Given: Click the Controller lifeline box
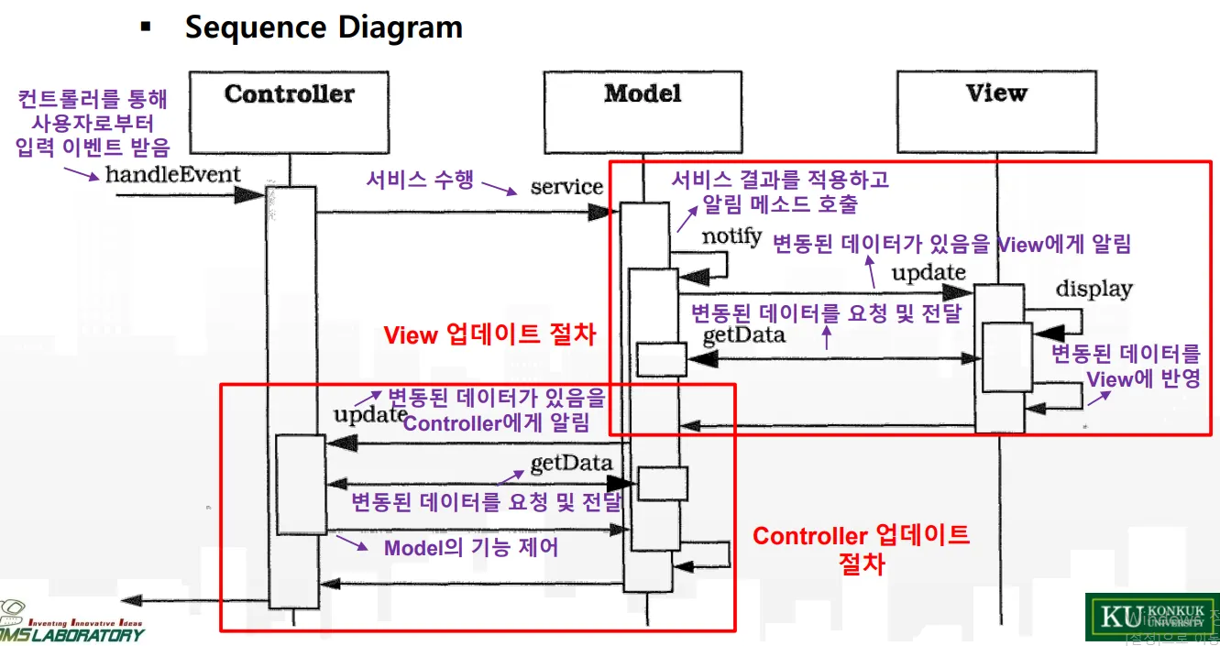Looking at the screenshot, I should pos(289,110).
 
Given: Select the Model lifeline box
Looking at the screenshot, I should pos(642,110).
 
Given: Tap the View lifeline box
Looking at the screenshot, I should pos(995,110).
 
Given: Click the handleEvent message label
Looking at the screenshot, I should pos(172,174).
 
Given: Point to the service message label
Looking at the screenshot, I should pos(566,187).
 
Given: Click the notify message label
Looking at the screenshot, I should pos(731,236).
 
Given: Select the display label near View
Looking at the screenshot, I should pos(1094,290).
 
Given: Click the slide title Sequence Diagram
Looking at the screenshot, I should pos(324,27).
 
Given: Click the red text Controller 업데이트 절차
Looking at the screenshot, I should pos(861,547).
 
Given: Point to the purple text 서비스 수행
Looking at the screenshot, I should pos(420,180).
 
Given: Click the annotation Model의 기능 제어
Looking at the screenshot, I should pos(470,548).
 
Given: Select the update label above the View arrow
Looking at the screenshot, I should pos(929,272).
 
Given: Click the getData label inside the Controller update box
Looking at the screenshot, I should pos(571,462).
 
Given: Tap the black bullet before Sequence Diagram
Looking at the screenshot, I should pos(145,27).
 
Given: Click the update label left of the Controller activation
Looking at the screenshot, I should pos(368,414).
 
